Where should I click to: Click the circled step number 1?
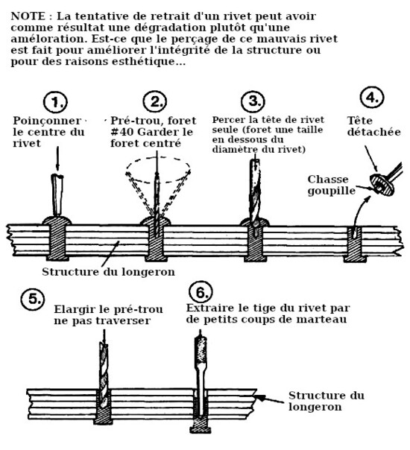(x=55, y=102)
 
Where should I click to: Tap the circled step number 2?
(x=155, y=101)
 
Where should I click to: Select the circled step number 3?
(x=253, y=101)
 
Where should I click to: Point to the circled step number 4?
(x=372, y=98)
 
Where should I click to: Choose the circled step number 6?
(x=201, y=293)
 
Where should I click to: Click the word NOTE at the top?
(x=28, y=16)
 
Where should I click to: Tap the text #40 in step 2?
(x=122, y=132)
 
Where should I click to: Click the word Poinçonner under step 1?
(x=47, y=121)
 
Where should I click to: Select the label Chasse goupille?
(x=331, y=185)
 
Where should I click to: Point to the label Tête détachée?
(x=373, y=126)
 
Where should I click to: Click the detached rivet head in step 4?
(x=382, y=185)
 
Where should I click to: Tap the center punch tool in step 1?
(x=57, y=194)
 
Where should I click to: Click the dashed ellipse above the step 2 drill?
(x=158, y=157)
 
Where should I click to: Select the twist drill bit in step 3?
(x=255, y=192)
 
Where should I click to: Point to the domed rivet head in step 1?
(x=57, y=221)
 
